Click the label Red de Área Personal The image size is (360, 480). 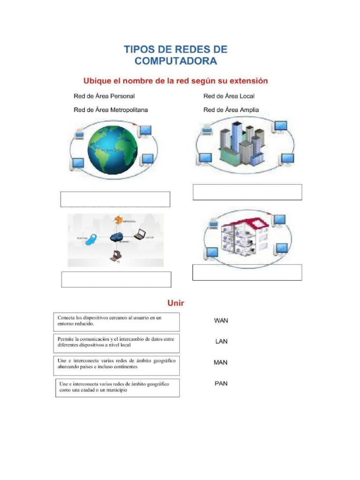click(x=104, y=96)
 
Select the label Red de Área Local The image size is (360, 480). click(x=229, y=96)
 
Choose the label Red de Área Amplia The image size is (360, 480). click(x=231, y=110)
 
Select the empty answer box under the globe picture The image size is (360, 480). click(x=115, y=199)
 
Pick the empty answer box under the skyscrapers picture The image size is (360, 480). click(x=247, y=192)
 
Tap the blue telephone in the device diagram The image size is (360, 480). click(x=93, y=239)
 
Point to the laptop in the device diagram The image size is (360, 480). click(x=140, y=234)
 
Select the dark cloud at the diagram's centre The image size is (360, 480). click(x=117, y=237)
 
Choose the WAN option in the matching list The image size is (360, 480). click(x=221, y=321)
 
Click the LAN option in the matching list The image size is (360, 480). click(x=221, y=341)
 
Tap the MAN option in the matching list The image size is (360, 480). click(x=221, y=362)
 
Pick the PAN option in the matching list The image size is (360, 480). click(x=221, y=383)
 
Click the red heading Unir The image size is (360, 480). click(x=176, y=303)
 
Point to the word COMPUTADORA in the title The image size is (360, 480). click(x=176, y=61)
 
